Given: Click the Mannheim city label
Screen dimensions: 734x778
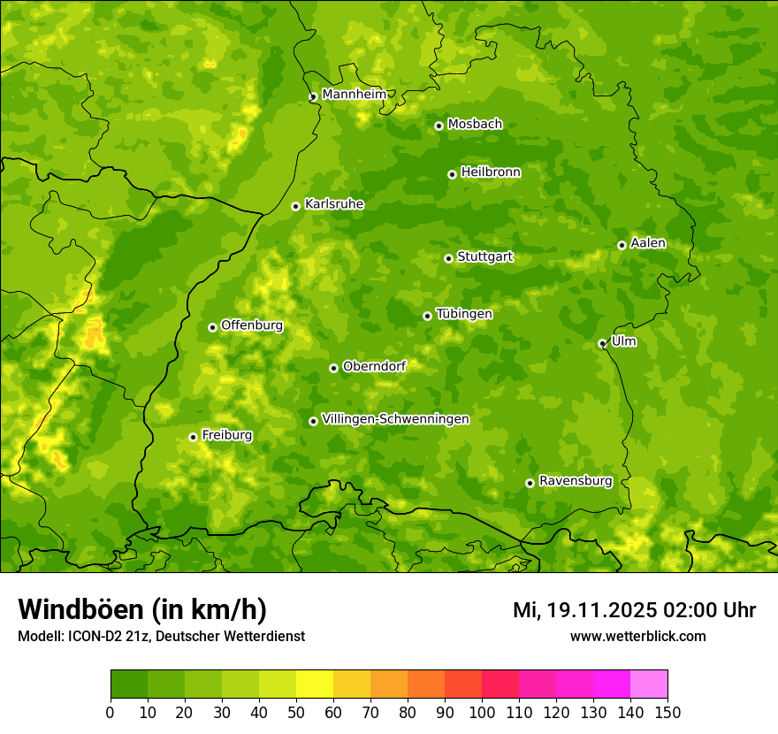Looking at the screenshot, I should coord(354,95).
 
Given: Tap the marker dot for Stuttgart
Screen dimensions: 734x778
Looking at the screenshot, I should coord(448,258).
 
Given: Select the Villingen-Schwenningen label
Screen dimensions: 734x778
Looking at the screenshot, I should coord(395,419).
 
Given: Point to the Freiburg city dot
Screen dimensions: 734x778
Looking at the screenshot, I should coord(193,437).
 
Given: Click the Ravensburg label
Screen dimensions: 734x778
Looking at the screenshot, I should coord(575,481).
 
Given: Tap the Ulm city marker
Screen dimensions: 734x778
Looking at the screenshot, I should coord(602,343).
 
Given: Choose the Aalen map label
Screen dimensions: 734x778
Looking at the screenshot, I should coord(648,243).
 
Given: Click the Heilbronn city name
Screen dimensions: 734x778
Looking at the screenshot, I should coord(491,172).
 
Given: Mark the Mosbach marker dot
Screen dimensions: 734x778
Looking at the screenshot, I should coord(439,126).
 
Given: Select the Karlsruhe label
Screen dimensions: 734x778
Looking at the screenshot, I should coord(333,204).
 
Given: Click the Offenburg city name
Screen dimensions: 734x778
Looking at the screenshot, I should coord(252,325).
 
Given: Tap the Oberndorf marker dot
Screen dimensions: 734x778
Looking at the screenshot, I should coord(333,368).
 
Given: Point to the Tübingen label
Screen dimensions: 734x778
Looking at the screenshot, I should coord(463,314).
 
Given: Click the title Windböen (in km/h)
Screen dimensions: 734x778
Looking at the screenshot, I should coord(141,609).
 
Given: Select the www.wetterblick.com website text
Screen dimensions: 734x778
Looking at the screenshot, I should coord(637,636).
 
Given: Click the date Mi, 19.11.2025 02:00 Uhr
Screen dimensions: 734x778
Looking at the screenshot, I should coord(634,610).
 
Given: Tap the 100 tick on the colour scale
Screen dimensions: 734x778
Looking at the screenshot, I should coord(482,712).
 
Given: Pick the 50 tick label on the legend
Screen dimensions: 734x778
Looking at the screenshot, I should coord(296,712).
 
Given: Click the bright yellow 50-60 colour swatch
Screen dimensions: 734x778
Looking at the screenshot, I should coord(315,684).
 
